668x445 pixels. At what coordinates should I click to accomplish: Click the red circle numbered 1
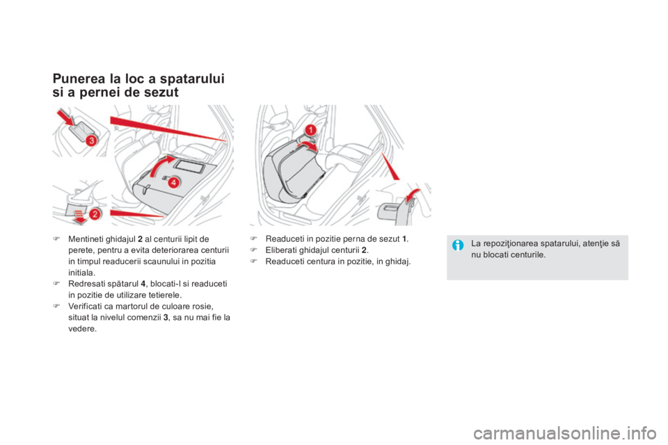coord(312,130)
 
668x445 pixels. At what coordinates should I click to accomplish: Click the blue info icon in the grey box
coord(458,243)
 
